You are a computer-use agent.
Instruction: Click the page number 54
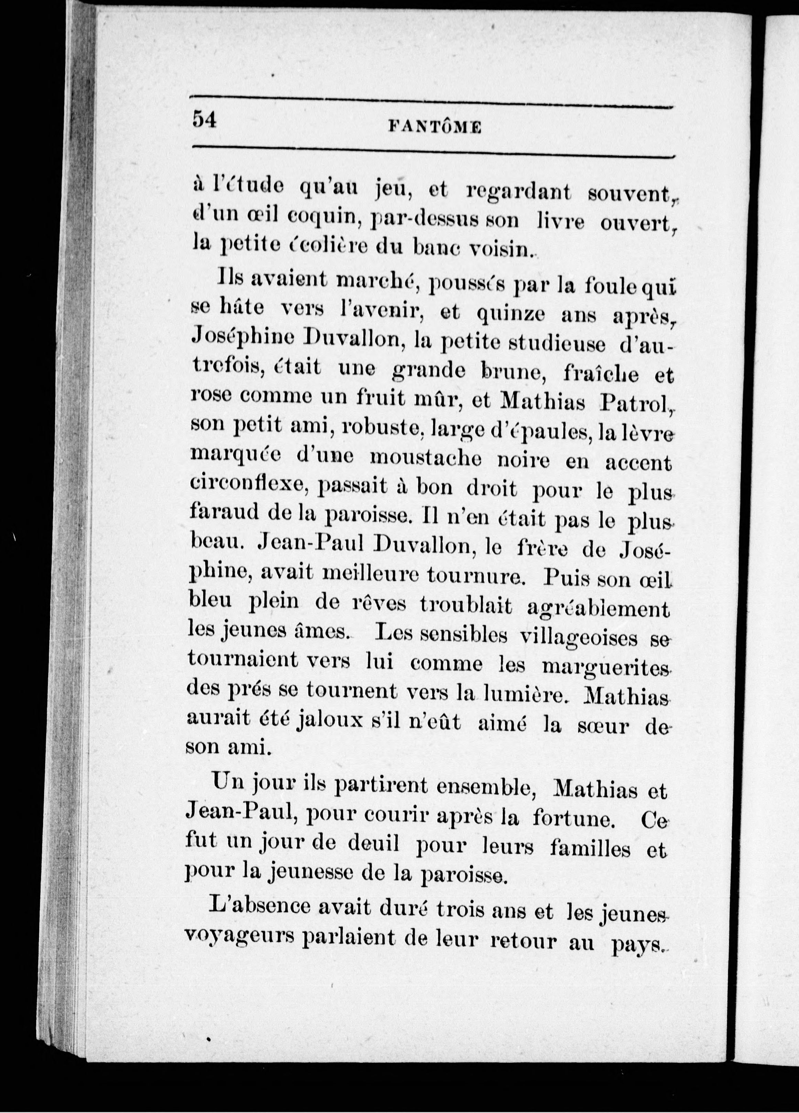[205, 119]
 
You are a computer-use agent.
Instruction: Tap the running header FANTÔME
[435, 127]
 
